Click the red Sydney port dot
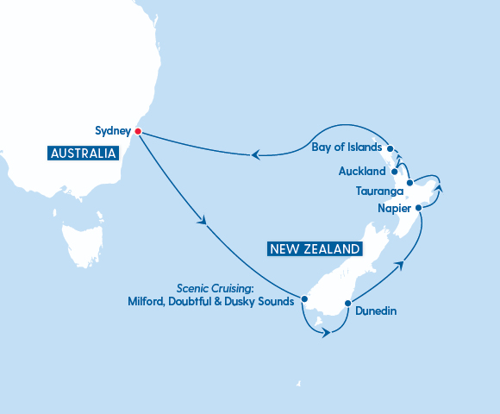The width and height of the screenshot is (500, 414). click(x=138, y=132)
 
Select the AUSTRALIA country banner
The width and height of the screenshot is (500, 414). click(x=83, y=154)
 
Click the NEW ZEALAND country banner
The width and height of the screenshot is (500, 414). click(x=314, y=248)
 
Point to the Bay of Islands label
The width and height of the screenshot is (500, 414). click(x=345, y=147)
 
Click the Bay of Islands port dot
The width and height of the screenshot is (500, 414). click(x=391, y=148)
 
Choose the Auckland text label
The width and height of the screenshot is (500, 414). click(x=361, y=172)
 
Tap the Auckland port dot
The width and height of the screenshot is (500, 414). click(x=395, y=172)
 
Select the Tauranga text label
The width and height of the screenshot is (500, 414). click(x=379, y=191)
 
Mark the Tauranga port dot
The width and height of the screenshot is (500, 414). click(x=409, y=183)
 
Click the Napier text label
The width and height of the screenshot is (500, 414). click(x=393, y=209)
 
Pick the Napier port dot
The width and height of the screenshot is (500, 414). click(x=418, y=208)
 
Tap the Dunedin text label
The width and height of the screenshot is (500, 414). click(x=375, y=310)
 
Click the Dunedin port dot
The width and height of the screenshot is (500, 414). click(x=347, y=303)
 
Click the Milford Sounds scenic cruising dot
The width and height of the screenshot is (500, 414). click(x=304, y=300)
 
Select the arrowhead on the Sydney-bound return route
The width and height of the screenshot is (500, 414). click(x=255, y=154)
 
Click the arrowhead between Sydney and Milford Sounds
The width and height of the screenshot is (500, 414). click(x=204, y=222)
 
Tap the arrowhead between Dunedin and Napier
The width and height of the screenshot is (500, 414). click(x=400, y=265)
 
